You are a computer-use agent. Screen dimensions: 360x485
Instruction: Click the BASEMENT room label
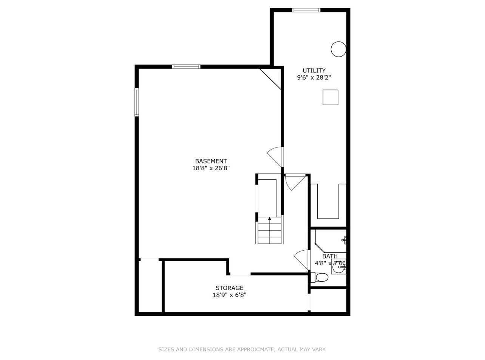pyautogui.click(x=211, y=161)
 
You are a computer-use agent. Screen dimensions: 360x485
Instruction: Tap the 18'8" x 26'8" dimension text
pyautogui.click(x=211, y=168)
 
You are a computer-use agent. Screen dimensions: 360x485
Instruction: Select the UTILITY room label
pyautogui.click(x=314, y=71)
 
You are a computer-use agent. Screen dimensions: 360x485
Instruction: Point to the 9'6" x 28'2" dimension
pyautogui.click(x=314, y=78)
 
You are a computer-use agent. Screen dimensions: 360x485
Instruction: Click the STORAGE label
pyautogui.click(x=229, y=288)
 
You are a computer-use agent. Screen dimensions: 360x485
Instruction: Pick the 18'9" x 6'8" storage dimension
pyautogui.click(x=229, y=295)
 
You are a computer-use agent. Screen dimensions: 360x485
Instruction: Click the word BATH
pyautogui.click(x=330, y=256)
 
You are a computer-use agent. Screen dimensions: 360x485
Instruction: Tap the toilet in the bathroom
pyautogui.click(x=321, y=278)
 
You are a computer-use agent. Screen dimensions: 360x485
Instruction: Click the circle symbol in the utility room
pyautogui.click(x=338, y=49)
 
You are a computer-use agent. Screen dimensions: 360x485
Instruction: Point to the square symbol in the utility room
pyautogui.click(x=330, y=97)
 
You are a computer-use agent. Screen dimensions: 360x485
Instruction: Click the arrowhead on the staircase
pyautogui.click(x=269, y=218)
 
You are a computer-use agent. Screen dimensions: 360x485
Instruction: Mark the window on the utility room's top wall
pyautogui.click(x=306, y=10)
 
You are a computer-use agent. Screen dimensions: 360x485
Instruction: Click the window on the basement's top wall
pyautogui.click(x=186, y=67)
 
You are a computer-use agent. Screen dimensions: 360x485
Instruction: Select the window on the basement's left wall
pyautogui.click(x=137, y=102)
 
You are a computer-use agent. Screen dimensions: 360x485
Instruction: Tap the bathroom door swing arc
pyautogui.click(x=301, y=259)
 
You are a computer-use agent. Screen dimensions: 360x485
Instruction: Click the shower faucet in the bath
pyautogui.click(x=344, y=240)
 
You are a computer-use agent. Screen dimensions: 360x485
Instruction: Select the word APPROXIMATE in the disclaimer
pyautogui.click(x=255, y=349)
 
